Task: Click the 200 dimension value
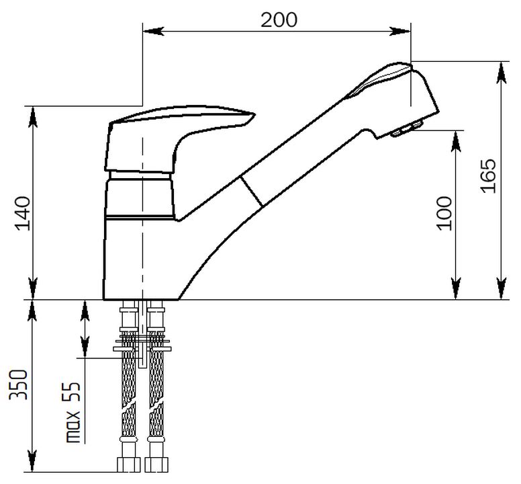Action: tap(279, 20)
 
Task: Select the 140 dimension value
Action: tap(23, 213)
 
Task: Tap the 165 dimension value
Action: tap(488, 176)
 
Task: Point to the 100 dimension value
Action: tap(444, 213)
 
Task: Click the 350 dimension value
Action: tap(19, 385)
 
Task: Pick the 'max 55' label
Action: tap(73, 412)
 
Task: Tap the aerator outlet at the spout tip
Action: tap(408, 128)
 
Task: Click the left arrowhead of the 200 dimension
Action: tap(153, 32)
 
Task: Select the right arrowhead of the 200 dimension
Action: tap(400, 32)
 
